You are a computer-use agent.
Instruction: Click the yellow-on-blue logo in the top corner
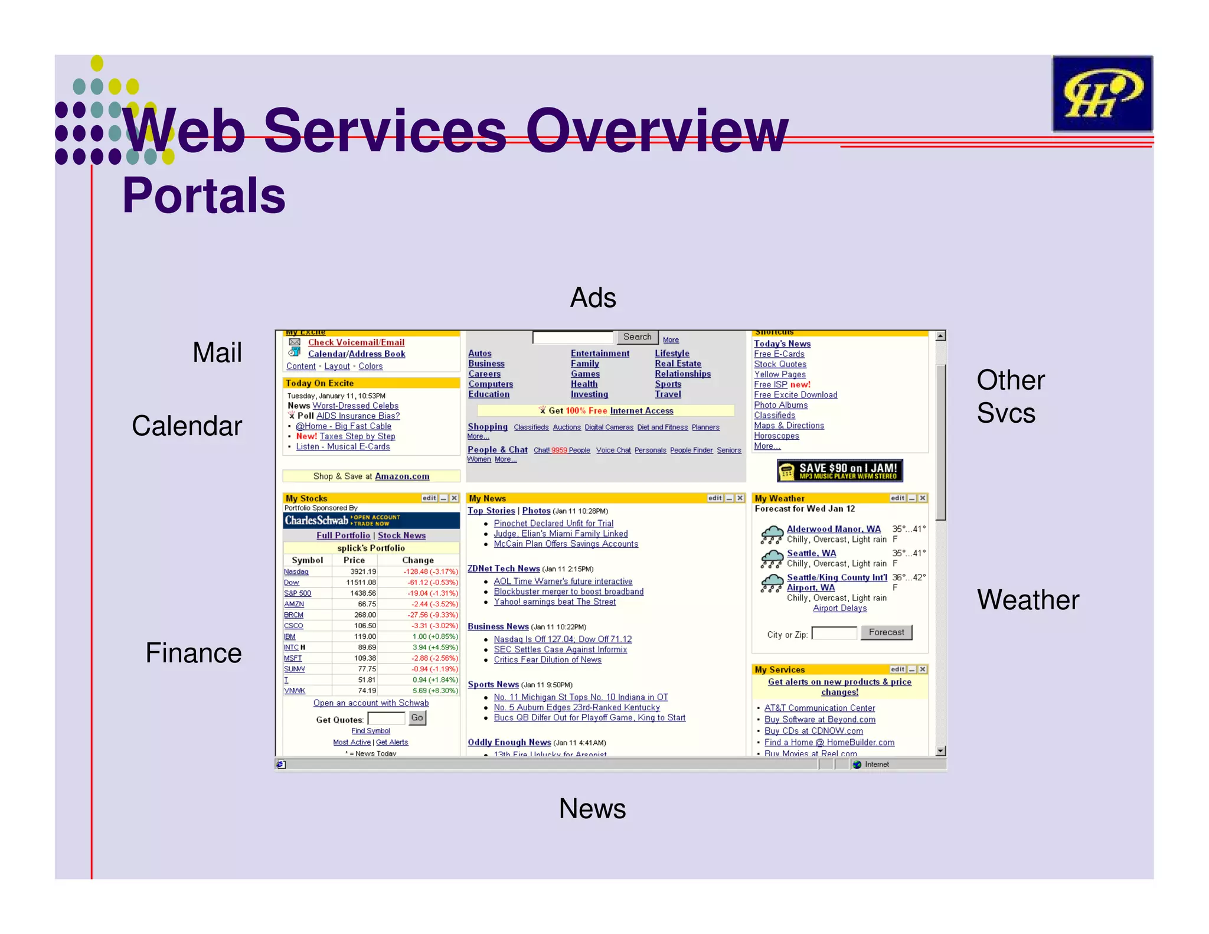tap(1102, 93)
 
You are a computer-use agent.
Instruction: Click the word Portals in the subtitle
tap(204, 195)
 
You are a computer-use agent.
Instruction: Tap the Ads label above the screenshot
tap(593, 298)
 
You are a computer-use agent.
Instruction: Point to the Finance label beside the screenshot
tap(194, 653)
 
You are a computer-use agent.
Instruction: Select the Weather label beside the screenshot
tap(1028, 600)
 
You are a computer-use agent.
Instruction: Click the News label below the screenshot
tap(592, 808)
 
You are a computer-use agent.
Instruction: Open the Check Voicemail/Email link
tap(356, 342)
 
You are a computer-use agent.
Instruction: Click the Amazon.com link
tap(402, 476)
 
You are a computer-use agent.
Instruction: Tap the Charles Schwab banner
tap(371, 520)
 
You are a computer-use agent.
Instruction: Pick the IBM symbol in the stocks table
tap(289, 636)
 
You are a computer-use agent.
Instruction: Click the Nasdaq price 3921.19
tap(362, 571)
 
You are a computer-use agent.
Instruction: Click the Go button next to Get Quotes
tap(417, 718)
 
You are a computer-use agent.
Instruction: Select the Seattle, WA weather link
tap(811, 553)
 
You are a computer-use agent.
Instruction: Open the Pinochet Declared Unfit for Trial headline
tap(553, 523)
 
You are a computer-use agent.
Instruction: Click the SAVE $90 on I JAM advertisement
tap(839, 471)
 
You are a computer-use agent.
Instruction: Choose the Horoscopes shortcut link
tap(776, 436)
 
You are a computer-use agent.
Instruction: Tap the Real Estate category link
tap(678, 364)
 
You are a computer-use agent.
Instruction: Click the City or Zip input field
tap(834, 633)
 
